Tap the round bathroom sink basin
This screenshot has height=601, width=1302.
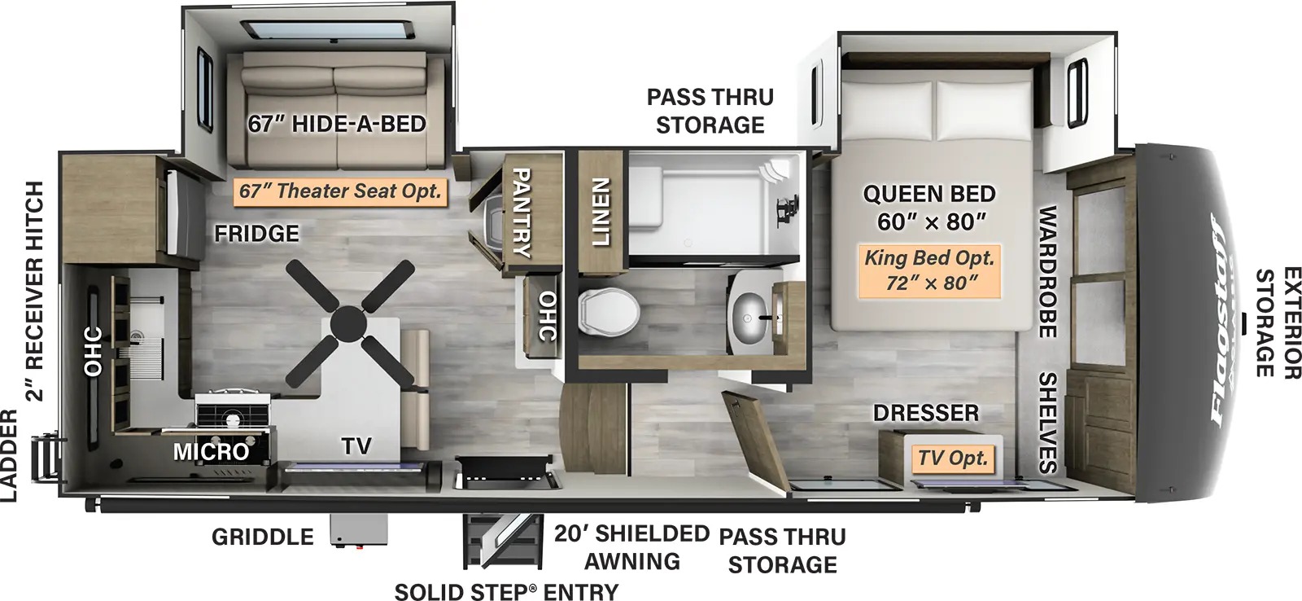click(x=754, y=312)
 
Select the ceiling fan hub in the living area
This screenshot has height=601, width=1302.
click(x=348, y=322)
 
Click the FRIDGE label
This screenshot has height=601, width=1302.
click(x=256, y=234)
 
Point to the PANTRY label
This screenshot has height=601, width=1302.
click(x=520, y=213)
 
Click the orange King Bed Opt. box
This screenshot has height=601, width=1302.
click(x=928, y=270)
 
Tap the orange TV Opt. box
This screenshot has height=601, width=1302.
click(x=952, y=458)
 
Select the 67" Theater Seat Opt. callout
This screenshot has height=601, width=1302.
click(x=340, y=191)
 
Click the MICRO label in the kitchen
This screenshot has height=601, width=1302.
click(x=211, y=451)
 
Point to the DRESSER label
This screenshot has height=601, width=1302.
click(x=926, y=413)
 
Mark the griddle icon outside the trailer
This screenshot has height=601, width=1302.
click(x=359, y=530)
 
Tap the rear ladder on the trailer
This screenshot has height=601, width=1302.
click(x=43, y=458)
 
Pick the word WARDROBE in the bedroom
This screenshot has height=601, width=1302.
click(x=1046, y=271)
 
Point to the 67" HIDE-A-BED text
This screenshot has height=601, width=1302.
click(x=337, y=125)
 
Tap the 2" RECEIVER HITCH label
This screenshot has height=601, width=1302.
click(x=35, y=292)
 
